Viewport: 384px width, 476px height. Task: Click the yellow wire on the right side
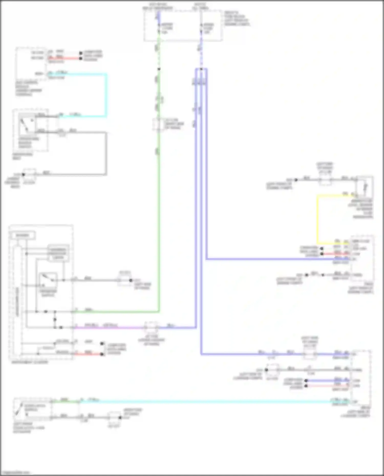(x=317, y=220)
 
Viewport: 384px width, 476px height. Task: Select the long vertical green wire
(x=159, y=205)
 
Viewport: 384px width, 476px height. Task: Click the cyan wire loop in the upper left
(x=106, y=95)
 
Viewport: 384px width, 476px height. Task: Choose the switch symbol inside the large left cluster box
(x=48, y=280)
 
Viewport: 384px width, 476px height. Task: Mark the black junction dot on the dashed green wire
(x=159, y=69)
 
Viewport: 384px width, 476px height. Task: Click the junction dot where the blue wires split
(x=201, y=69)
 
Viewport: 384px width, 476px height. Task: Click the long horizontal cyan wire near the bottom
(x=205, y=402)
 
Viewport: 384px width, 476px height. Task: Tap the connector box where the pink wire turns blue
(x=151, y=327)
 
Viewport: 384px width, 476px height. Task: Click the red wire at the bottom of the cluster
(x=88, y=354)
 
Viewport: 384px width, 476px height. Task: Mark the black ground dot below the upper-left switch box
(x=23, y=175)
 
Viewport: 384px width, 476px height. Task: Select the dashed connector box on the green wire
(x=158, y=125)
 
